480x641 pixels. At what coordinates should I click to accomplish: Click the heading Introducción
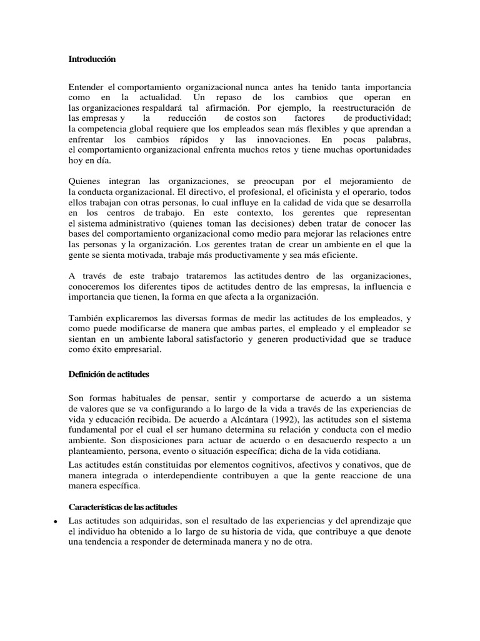[x=92, y=59]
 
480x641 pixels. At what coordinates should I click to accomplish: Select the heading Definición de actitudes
[x=108, y=374]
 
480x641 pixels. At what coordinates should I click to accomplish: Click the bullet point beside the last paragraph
[x=56, y=521]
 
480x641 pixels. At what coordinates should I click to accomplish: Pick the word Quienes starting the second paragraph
[x=87, y=182]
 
